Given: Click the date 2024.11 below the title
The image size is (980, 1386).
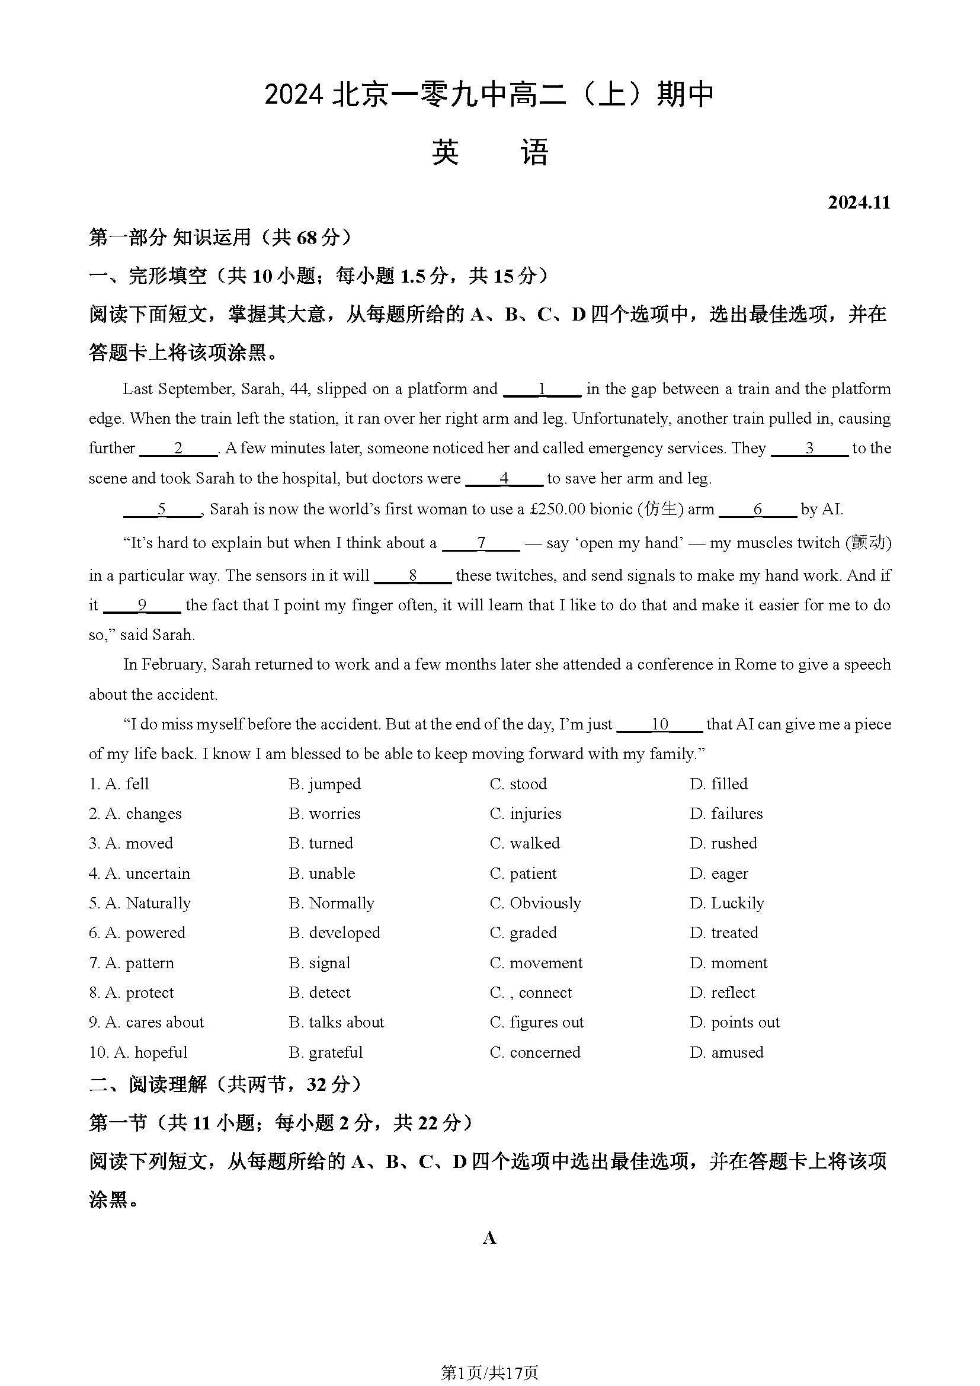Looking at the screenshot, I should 859,202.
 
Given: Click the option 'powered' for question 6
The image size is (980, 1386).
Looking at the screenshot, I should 155,933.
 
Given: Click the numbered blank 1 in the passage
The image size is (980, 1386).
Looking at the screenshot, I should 542,389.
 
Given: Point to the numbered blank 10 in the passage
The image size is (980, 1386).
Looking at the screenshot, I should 659,724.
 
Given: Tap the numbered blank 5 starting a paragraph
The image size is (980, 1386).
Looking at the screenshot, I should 162,510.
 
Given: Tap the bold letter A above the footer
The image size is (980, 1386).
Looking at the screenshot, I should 489,1238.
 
